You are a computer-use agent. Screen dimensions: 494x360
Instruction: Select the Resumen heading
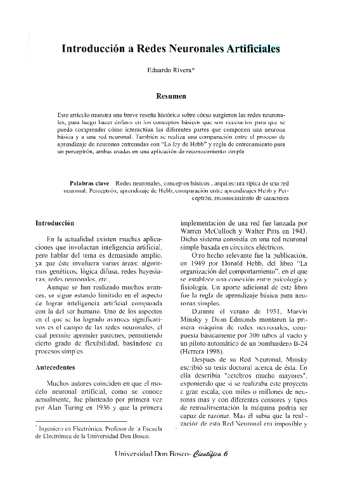(x=170, y=96)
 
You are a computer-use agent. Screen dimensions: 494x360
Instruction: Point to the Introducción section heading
(x=55, y=223)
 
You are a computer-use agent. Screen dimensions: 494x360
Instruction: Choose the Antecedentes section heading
(x=55, y=367)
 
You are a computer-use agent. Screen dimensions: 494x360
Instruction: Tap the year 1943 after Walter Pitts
(x=297, y=231)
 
